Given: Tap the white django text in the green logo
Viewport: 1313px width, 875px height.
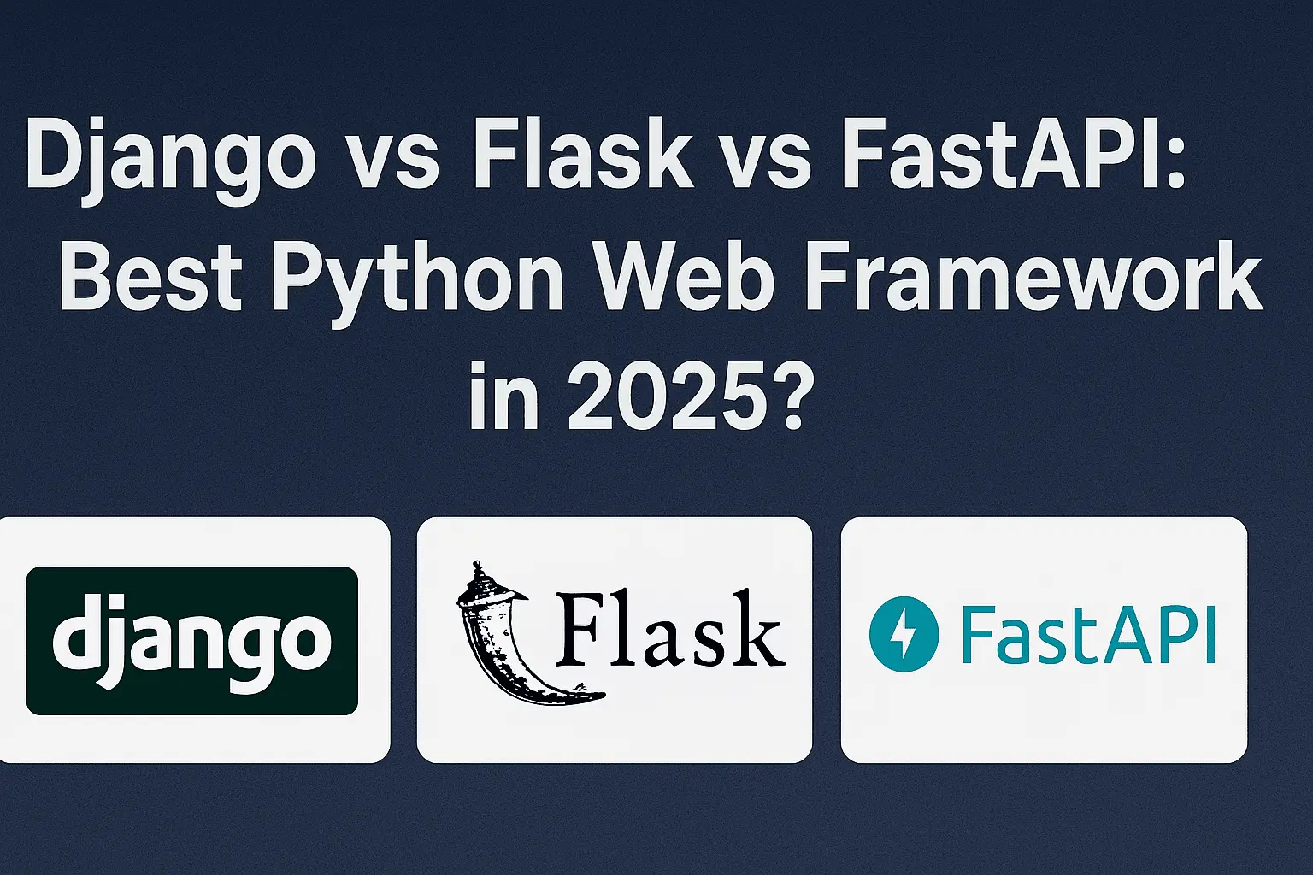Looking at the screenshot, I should point(192,641).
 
